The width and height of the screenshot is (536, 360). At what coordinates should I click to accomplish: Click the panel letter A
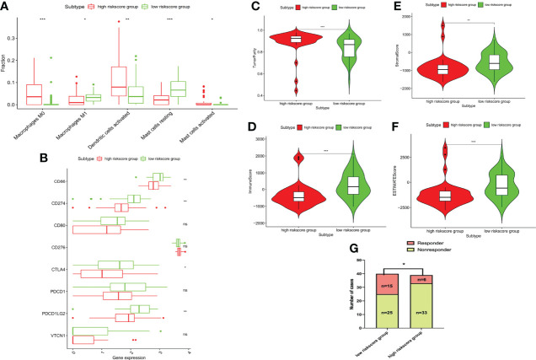pos(6,7)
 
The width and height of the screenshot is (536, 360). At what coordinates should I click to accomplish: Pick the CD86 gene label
pos(60,180)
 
